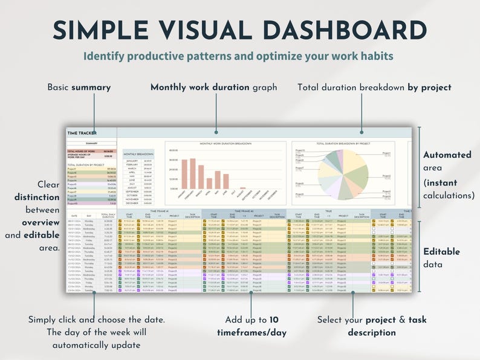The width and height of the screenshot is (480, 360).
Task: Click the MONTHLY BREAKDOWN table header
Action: click(138, 155)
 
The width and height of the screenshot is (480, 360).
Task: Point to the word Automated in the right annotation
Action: click(447, 155)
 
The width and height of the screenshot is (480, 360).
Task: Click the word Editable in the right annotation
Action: click(441, 252)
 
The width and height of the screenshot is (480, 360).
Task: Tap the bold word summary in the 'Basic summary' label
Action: click(91, 88)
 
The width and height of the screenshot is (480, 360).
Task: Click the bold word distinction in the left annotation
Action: click(37, 197)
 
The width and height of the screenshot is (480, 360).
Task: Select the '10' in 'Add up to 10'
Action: click(273, 319)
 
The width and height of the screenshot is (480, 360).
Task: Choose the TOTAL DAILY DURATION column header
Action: click(108, 215)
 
